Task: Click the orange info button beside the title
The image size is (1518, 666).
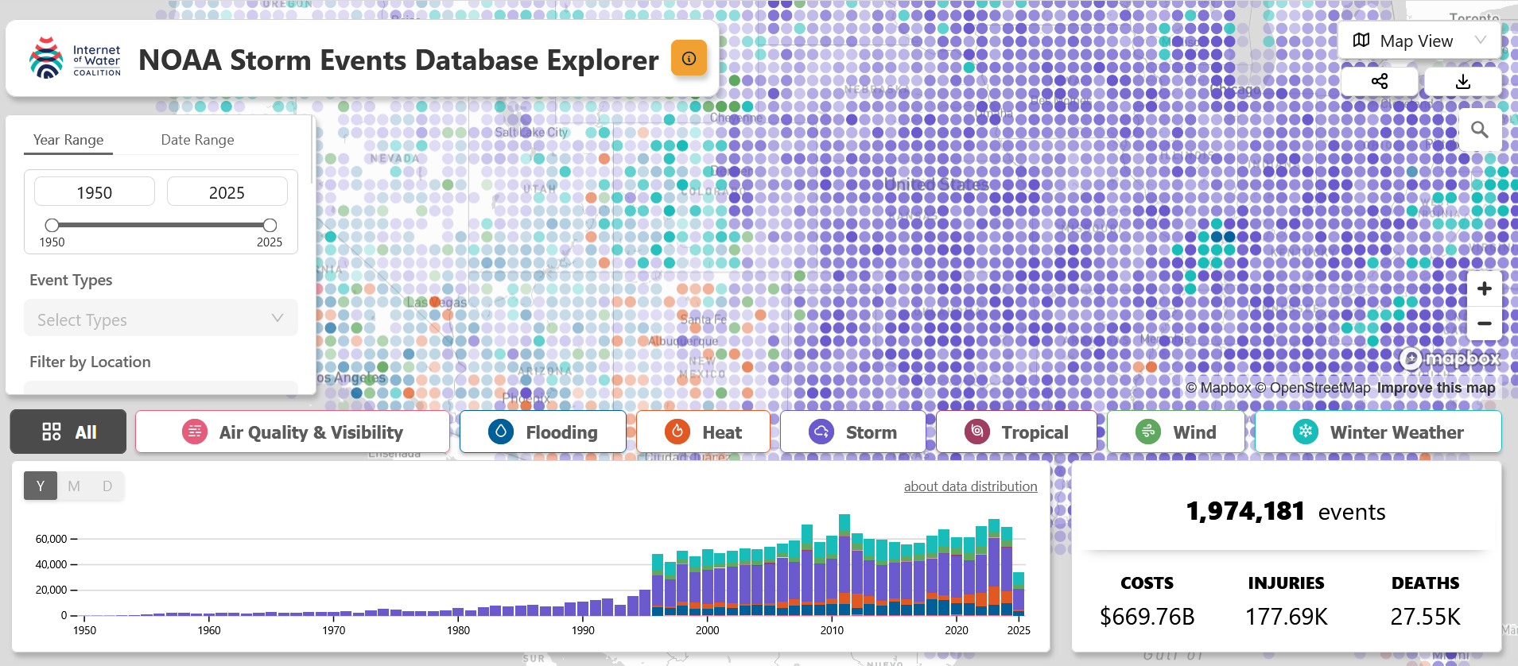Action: pyautogui.click(x=689, y=58)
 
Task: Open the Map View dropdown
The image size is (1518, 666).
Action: pyautogui.click(x=1419, y=41)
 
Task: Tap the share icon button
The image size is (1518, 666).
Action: pyautogui.click(x=1380, y=82)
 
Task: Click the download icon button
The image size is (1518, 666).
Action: pyautogui.click(x=1462, y=82)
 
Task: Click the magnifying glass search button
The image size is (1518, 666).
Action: pyautogui.click(x=1479, y=130)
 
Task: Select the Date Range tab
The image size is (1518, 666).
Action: pyautogui.click(x=197, y=140)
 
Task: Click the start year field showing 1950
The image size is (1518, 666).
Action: pyautogui.click(x=95, y=192)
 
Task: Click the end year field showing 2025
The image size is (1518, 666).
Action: pyautogui.click(x=227, y=192)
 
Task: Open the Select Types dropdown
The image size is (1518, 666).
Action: pyautogui.click(x=161, y=319)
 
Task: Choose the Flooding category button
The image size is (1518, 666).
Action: pyautogui.click(x=543, y=432)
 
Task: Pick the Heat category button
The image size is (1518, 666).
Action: pyautogui.click(x=703, y=432)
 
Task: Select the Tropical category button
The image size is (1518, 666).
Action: pyautogui.click(x=1016, y=432)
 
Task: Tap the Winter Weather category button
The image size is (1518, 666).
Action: pyautogui.click(x=1378, y=432)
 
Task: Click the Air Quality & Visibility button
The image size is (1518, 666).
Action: pyautogui.click(x=293, y=432)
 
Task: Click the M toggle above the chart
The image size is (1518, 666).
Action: pyautogui.click(x=74, y=486)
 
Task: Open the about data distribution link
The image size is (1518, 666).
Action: pyautogui.click(x=970, y=486)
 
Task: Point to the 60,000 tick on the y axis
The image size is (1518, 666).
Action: pyautogui.click(x=52, y=539)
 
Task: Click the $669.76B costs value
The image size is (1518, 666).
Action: pyautogui.click(x=1147, y=617)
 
